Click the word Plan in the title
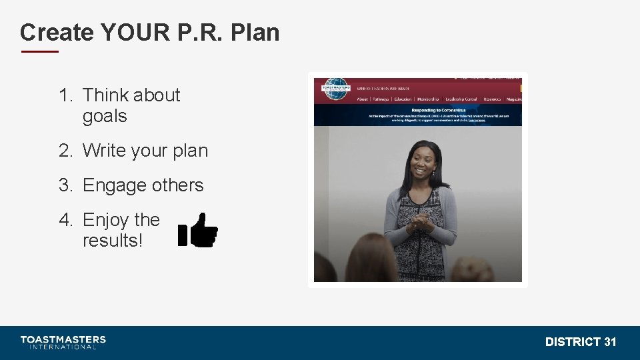tap(255, 32)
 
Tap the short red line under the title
tap(39, 51)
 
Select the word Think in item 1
tap(108, 95)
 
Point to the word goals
tap(105, 116)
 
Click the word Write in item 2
tap(104, 151)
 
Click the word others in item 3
tap(178, 185)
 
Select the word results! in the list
tap(113, 241)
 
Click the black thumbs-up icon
tap(199, 230)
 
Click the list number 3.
tap(65, 185)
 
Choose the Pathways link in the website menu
tap(381, 99)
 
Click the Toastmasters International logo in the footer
tap(63, 342)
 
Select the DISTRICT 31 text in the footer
tap(581, 342)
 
